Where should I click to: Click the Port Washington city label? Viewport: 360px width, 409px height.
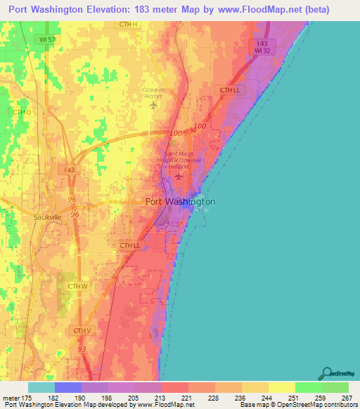[x=180, y=202]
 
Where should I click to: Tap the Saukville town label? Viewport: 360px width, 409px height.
[x=49, y=217]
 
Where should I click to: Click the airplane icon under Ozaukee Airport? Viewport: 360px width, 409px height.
[x=155, y=105]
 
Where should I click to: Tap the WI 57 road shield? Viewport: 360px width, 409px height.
[x=48, y=40]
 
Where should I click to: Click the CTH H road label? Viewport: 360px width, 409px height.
[x=127, y=24]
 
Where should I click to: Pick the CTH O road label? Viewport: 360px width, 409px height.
[x=21, y=112]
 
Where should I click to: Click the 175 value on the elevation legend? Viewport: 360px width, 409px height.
[x=27, y=397]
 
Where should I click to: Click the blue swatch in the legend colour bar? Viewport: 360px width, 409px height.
[x=68, y=387]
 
